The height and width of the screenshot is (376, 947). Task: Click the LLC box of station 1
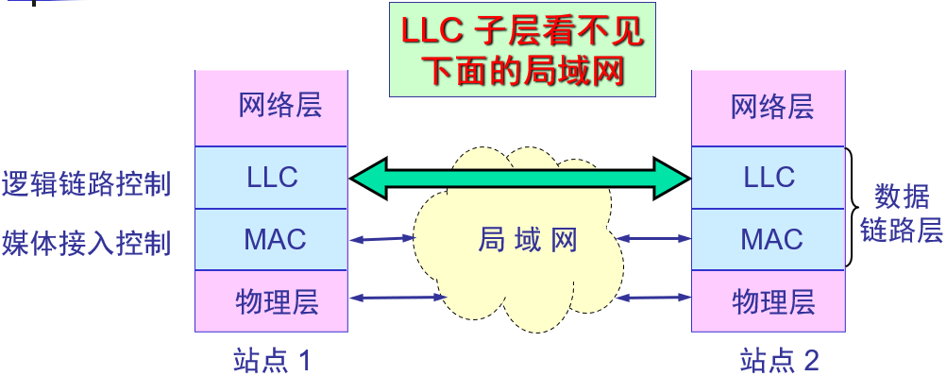272,177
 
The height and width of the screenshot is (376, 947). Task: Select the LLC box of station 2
769,177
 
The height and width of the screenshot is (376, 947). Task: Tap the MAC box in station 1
272,239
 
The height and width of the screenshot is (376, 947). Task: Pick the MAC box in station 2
769,239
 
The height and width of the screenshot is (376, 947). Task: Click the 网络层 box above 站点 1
272,107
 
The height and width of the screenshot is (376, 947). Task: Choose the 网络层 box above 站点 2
769,107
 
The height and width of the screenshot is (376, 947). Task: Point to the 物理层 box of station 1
272,301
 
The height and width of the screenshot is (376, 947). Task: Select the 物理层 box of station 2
769,301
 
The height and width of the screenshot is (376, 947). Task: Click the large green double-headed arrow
520,177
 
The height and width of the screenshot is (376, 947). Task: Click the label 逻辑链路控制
87,182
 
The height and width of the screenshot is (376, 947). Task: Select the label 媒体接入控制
87,243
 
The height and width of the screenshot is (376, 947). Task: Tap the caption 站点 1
272,360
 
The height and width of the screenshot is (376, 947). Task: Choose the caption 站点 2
779,360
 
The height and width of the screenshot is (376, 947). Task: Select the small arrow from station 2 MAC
654,238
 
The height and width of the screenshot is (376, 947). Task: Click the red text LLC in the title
431,33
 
